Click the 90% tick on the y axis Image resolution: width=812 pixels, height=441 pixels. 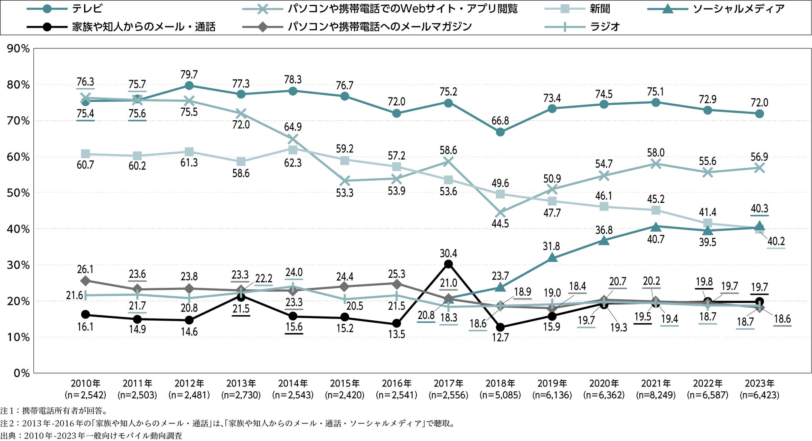[x=19, y=49]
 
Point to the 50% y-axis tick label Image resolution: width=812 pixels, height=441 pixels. [x=19, y=193]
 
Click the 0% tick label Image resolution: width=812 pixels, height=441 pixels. [x=22, y=373]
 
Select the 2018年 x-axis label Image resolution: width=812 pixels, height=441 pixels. [x=500, y=384]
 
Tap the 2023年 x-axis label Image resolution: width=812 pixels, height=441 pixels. [x=759, y=384]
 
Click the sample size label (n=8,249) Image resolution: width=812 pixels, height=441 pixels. [x=656, y=395]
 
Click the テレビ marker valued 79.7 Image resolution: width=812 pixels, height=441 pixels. [x=189, y=85]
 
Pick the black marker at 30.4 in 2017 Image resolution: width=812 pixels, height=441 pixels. [x=448, y=264]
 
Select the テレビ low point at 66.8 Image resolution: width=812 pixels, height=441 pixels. [x=500, y=132]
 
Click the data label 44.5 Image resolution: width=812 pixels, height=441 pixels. [x=500, y=224]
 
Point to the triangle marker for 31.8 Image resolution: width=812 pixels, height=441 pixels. [x=552, y=258]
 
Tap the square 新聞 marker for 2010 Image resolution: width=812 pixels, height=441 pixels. [x=85, y=154]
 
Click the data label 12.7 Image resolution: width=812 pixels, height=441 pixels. [x=500, y=338]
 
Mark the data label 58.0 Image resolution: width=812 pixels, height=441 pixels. [x=656, y=153]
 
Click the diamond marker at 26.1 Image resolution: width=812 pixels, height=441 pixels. [x=85, y=281]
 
